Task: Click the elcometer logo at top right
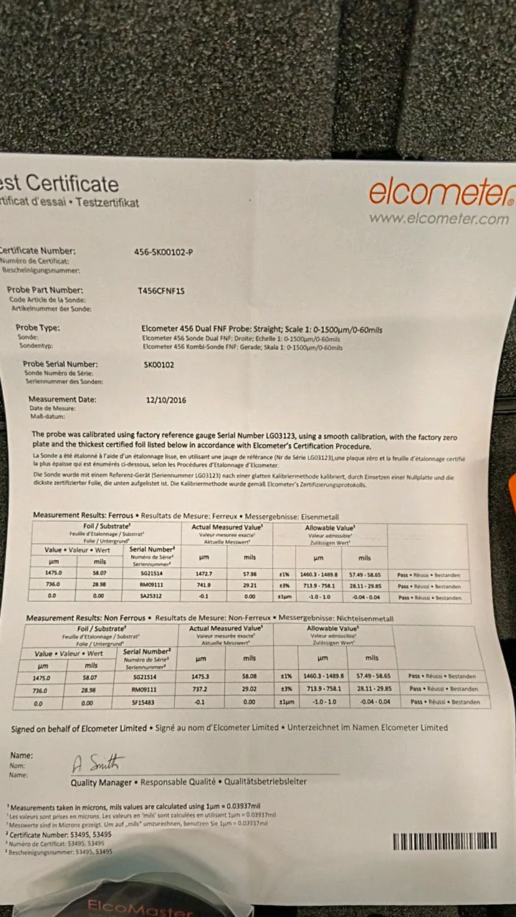(x=441, y=192)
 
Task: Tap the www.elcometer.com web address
(x=439, y=219)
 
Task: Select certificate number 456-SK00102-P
(x=163, y=251)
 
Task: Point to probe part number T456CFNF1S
(x=161, y=291)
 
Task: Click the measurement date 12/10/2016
(x=166, y=400)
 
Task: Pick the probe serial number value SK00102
(x=159, y=365)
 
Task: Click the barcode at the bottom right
(x=444, y=841)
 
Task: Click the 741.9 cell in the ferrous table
(x=204, y=585)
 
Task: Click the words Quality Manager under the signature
(x=101, y=782)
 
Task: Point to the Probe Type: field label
(x=38, y=327)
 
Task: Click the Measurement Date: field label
(x=62, y=399)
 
